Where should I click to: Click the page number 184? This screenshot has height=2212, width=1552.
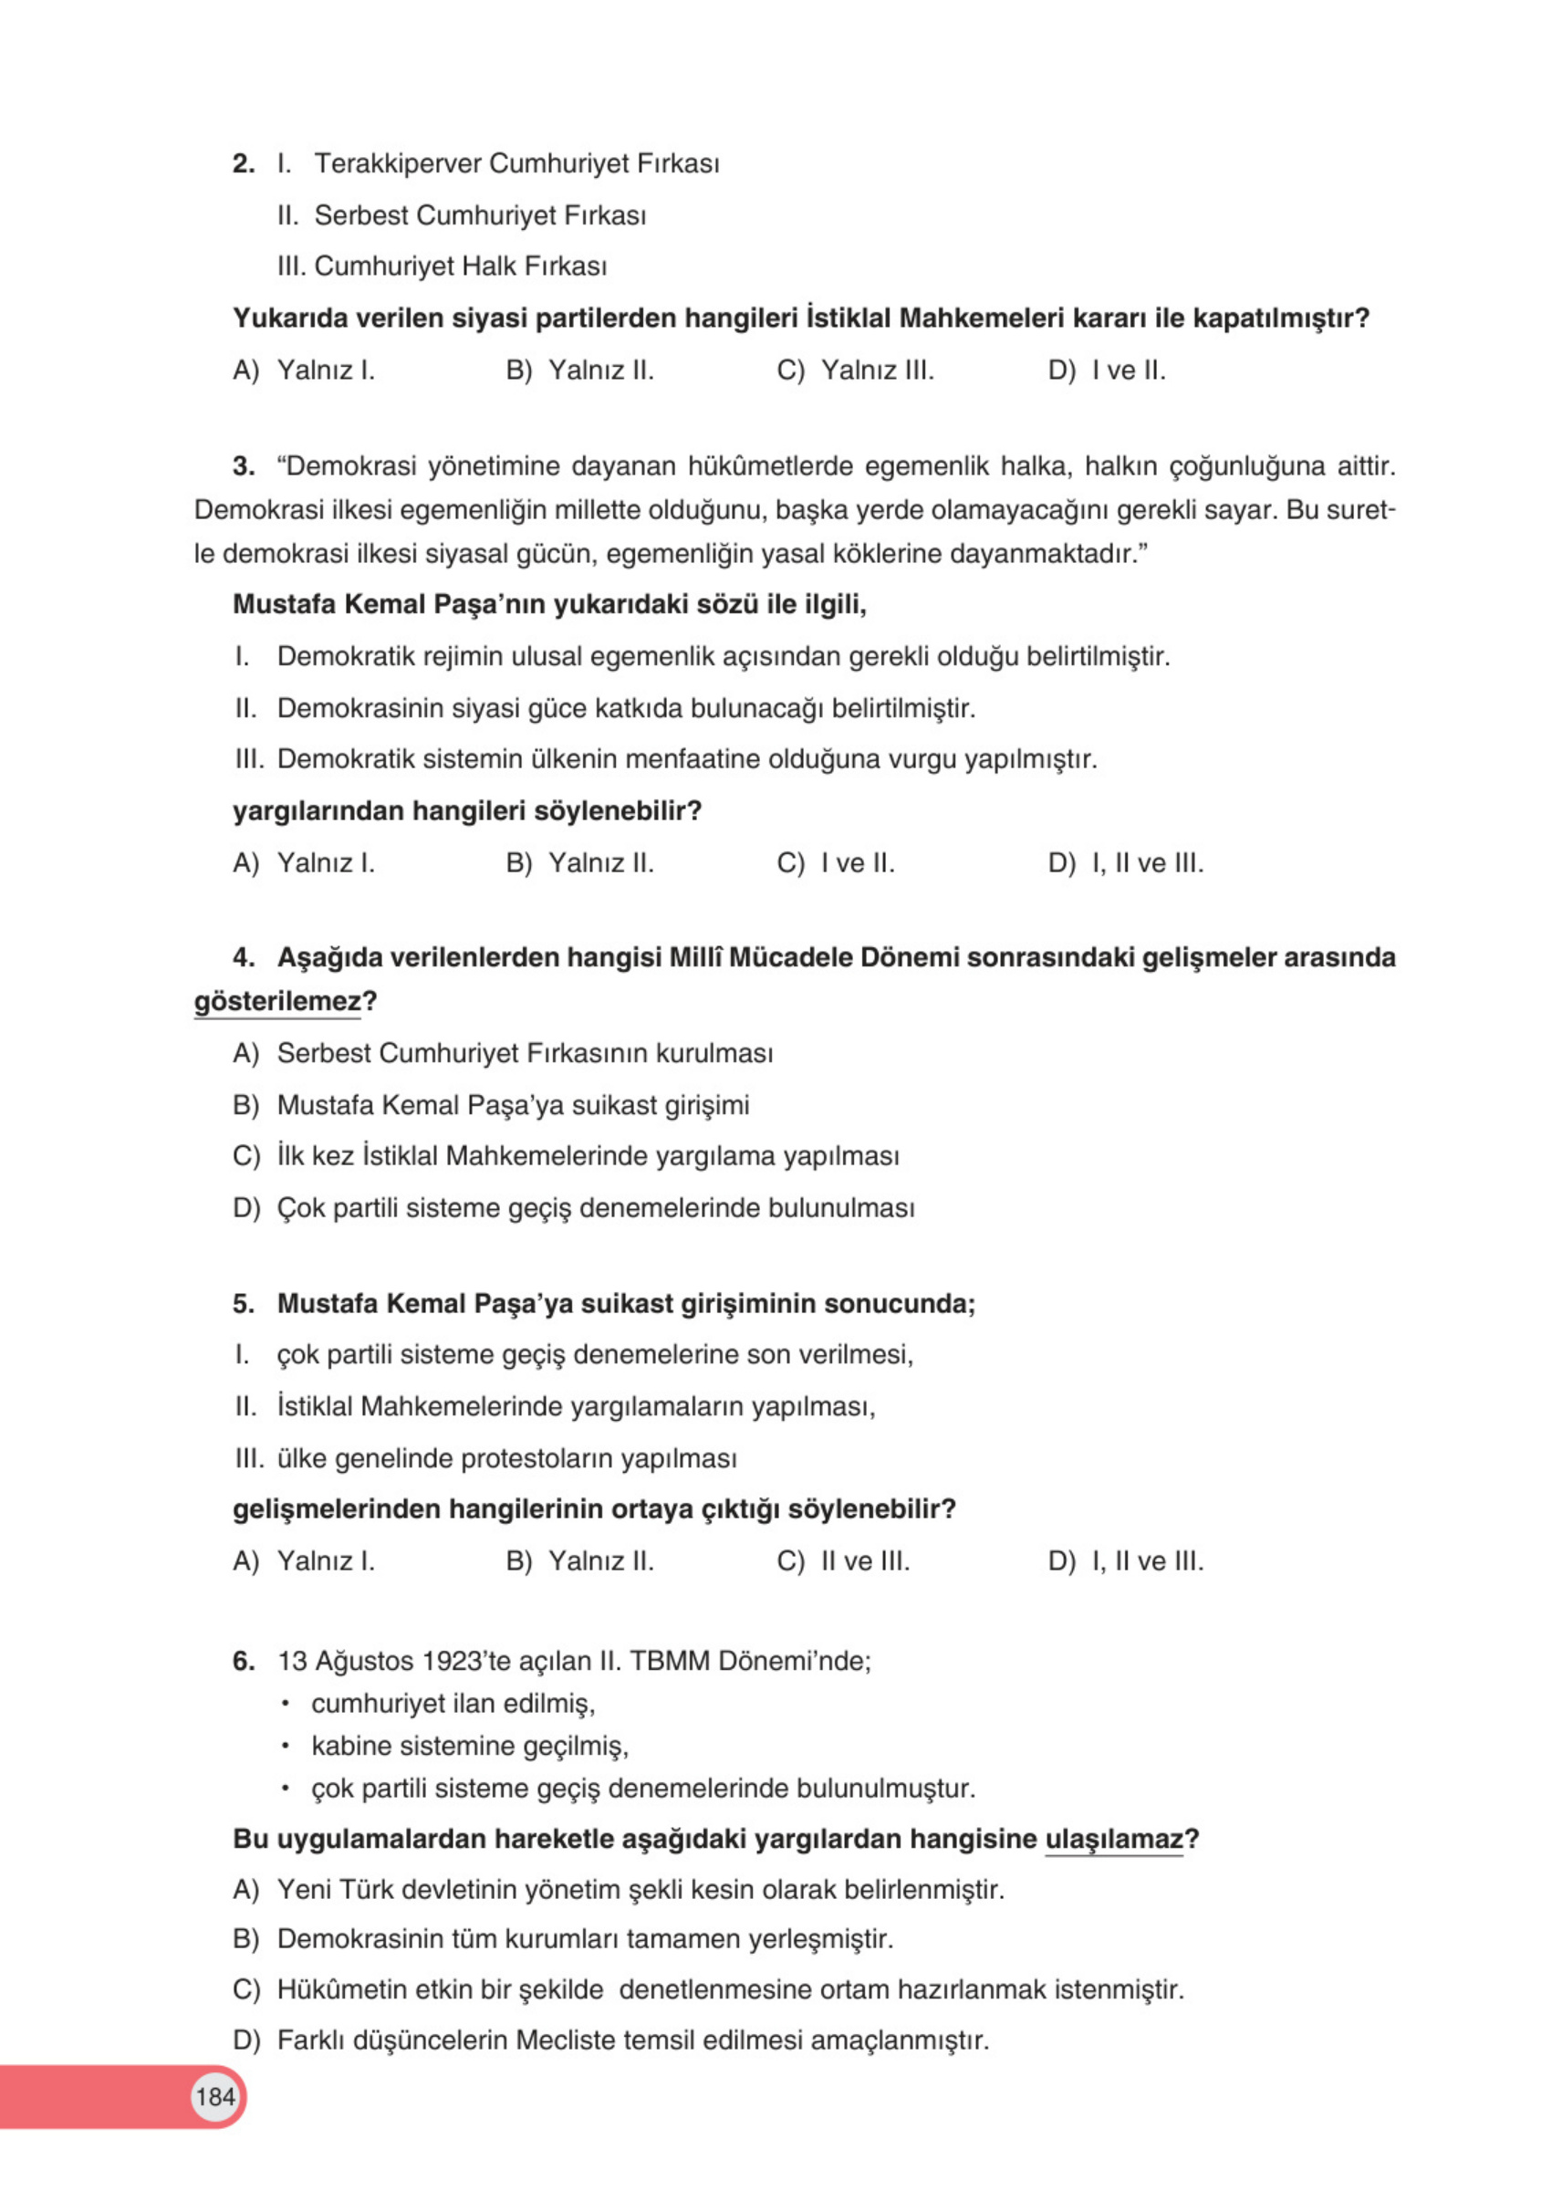[x=214, y=2096]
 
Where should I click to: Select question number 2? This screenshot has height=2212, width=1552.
[x=243, y=163]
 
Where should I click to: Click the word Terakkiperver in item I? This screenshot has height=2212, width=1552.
[x=397, y=163]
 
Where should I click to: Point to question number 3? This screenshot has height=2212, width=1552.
[x=243, y=466]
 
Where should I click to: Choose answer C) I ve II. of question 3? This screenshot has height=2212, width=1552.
[x=835, y=863]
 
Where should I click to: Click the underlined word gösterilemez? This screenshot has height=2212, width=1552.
[x=277, y=1002]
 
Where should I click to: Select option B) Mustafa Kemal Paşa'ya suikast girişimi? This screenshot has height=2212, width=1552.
[x=491, y=1105]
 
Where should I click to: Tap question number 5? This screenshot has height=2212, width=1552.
[x=243, y=1303]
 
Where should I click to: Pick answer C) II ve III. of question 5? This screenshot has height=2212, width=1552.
[x=843, y=1560]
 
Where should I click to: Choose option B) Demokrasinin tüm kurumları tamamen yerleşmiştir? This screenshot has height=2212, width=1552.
[x=564, y=1938]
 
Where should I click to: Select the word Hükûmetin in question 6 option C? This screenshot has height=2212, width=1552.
[x=341, y=1989]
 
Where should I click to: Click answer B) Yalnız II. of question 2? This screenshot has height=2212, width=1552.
[x=580, y=370]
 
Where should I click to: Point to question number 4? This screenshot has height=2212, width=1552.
[x=243, y=957]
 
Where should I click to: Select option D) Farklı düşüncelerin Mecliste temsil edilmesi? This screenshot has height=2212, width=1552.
[x=611, y=2040]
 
